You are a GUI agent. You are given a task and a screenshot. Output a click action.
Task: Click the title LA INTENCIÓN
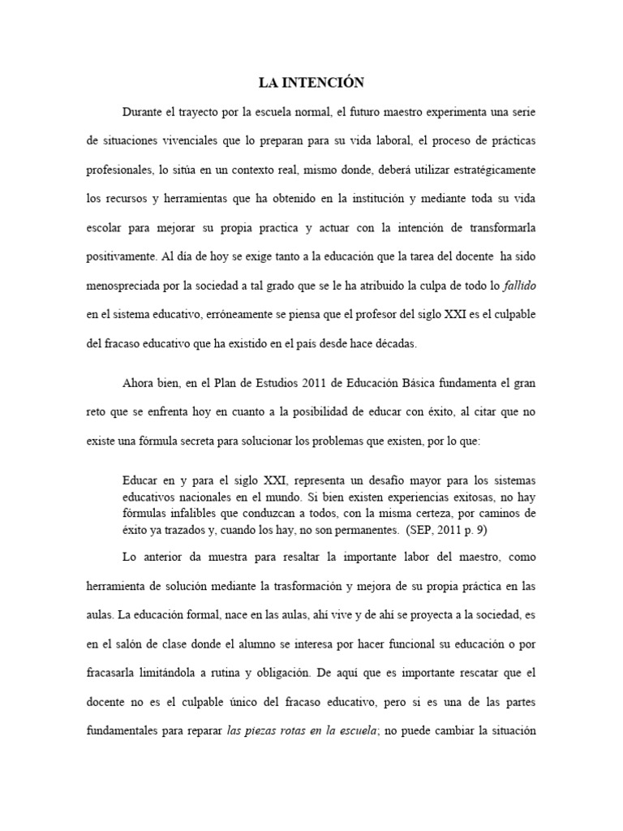311,82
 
